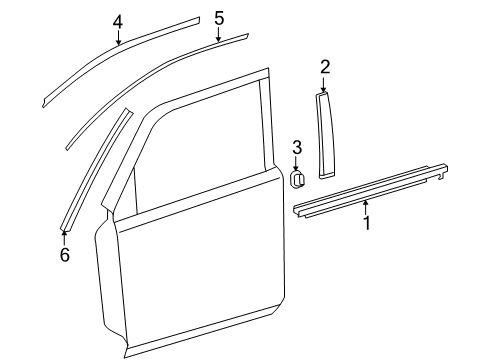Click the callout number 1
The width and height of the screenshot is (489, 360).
coord(366,223)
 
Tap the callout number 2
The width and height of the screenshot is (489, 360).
coord(325,67)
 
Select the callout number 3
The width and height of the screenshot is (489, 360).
coord(297,149)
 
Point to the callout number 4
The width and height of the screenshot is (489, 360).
coord(118,21)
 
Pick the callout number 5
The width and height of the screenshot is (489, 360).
coord(219,18)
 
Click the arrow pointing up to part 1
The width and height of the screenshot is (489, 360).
coord(365,206)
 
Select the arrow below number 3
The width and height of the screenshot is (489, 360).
coord(297,165)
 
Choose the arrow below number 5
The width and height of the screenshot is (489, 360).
coord(219,36)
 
